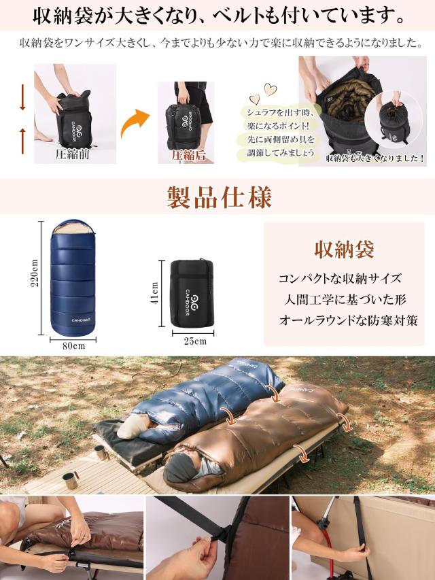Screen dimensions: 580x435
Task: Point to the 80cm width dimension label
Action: (x=74, y=345)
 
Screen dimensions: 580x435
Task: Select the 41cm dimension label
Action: (x=155, y=293)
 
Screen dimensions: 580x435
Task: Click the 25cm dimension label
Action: (x=194, y=341)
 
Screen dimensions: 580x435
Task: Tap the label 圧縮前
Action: (x=73, y=154)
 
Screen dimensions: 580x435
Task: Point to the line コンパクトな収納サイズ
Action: (x=340, y=279)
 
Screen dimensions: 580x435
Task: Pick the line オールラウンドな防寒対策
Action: (x=347, y=320)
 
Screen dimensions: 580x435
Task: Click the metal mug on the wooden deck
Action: (x=70, y=480)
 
